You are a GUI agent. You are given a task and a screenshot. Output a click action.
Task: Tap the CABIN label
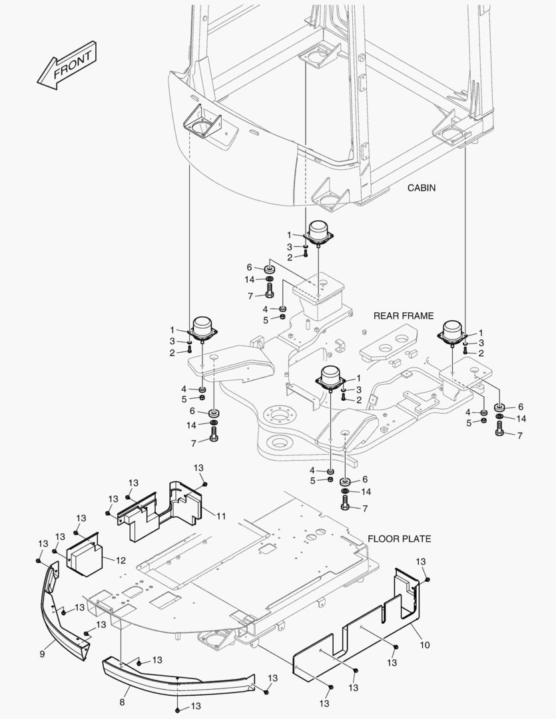(x=421, y=188)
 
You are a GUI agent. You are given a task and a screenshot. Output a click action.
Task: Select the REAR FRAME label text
(x=403, y=316)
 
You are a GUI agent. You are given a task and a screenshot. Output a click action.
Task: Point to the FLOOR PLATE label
(x=400, y=539)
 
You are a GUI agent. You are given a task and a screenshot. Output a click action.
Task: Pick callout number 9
(x=42, y=654)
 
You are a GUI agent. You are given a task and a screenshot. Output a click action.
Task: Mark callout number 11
(x=221, y=515)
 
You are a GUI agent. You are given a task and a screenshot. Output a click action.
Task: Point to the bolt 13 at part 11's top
(x=204, y=483)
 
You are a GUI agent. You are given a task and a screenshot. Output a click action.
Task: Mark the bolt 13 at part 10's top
(x=427, y=579)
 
